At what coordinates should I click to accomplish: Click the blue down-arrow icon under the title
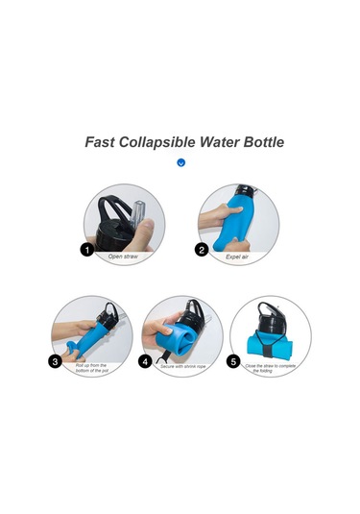(180, 162)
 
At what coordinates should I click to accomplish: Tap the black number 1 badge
(86, 250)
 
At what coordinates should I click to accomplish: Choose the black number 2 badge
(202, 250)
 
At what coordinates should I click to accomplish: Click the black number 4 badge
(145, 362)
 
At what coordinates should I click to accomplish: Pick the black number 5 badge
(233, 362)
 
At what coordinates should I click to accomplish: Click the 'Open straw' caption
(123, 257)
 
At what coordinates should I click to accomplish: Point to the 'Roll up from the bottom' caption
(92, 368)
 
